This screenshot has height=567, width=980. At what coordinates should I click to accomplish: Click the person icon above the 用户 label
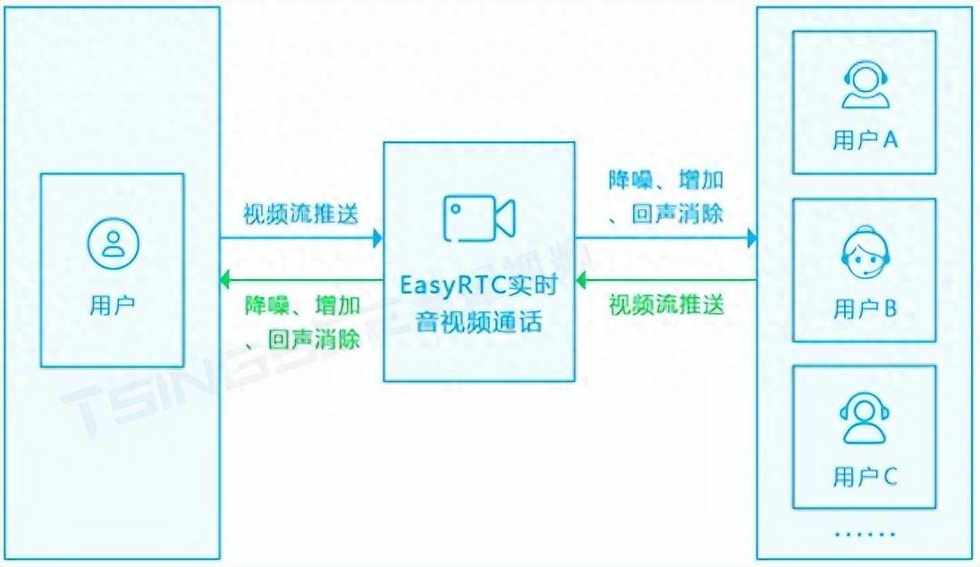113,241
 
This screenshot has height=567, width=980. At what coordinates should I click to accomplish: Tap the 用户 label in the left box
113,305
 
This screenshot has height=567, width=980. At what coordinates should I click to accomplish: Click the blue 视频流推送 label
301,215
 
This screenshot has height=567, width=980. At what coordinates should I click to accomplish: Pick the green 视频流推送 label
666,304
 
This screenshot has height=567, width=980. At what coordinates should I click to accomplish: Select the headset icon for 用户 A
865,85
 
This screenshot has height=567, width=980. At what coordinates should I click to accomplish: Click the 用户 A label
865,140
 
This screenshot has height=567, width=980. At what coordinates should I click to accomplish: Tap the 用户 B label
865,309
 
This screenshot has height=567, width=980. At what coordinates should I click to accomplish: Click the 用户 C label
865,476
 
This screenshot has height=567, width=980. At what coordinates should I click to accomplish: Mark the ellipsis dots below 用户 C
865,534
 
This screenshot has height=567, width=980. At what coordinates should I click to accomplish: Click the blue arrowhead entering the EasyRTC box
378,238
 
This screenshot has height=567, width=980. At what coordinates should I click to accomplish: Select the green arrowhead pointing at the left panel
226,281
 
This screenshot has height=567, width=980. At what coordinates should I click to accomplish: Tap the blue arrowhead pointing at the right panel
752,238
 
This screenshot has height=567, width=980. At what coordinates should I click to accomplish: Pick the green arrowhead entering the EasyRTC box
580,281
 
